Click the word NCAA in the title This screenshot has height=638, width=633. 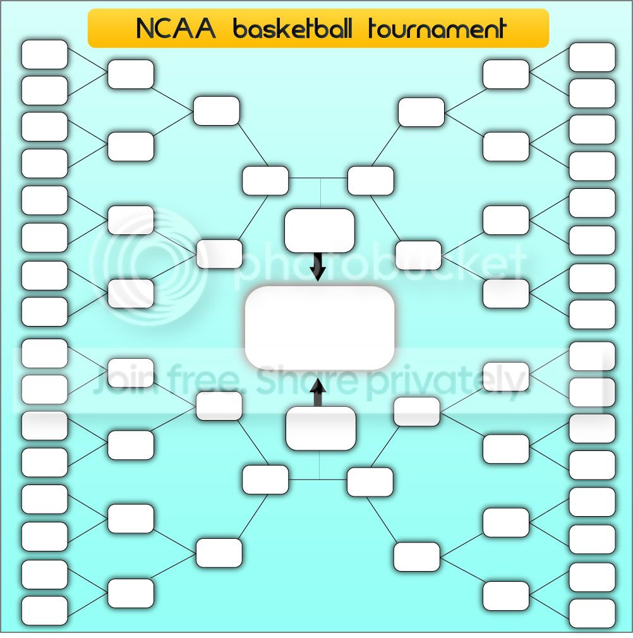click(x=176, y=28)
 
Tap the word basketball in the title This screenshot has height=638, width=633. click(x=293, y=28)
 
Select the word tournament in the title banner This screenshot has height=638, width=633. click(x=437, y=28)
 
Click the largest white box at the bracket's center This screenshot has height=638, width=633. click(x=320, y=328)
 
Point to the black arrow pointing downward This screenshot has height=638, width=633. click(x=318, y=267)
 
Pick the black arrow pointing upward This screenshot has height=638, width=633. click(x=318, y=393)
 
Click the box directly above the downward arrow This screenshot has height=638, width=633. click(x=320, y=231)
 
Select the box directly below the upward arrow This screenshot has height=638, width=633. click(x=320, y=428)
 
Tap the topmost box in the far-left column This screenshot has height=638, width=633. click(x=44, y=54)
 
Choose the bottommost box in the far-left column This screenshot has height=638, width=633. click(x=44, y=611)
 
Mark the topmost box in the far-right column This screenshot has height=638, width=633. click(x=592, y=57)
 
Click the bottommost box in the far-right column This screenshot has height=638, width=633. click(x=592, y=613)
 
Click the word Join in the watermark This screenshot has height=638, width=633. click(x=122, y=380)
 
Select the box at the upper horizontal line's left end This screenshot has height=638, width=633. click(x=265, y=181)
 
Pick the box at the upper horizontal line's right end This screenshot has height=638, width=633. click(x=371, y=181)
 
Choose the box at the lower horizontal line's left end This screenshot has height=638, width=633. click(x=265, y=479)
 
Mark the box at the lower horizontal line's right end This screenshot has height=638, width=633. click(x=370, y=482)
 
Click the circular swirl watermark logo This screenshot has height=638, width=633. click(x=148, y=267)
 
